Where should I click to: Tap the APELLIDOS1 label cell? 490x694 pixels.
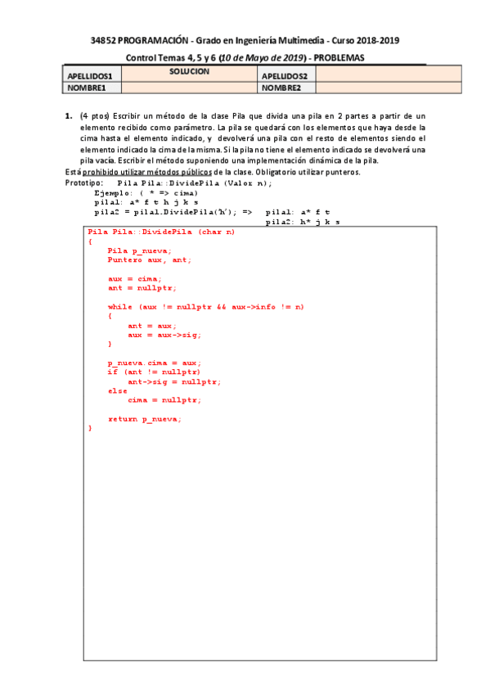click(92, 76)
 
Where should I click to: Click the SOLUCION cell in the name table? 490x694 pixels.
click(189, 72)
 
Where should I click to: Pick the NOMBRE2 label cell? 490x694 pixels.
click(282, 88)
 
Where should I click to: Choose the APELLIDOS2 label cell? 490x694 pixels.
click(285, 76)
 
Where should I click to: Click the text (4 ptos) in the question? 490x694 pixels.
click(95, 118)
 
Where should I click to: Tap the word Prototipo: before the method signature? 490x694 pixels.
click(84, 183)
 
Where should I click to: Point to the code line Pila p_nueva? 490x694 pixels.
click(139, 250)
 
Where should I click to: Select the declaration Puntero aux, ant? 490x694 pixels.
click(149, 259)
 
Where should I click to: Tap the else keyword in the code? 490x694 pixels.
click(117, 390)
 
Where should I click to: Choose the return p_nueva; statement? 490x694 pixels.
click(144, 418)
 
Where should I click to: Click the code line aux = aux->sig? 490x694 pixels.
click(164, 334)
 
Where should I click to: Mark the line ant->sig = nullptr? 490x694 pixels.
click(174, 381)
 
